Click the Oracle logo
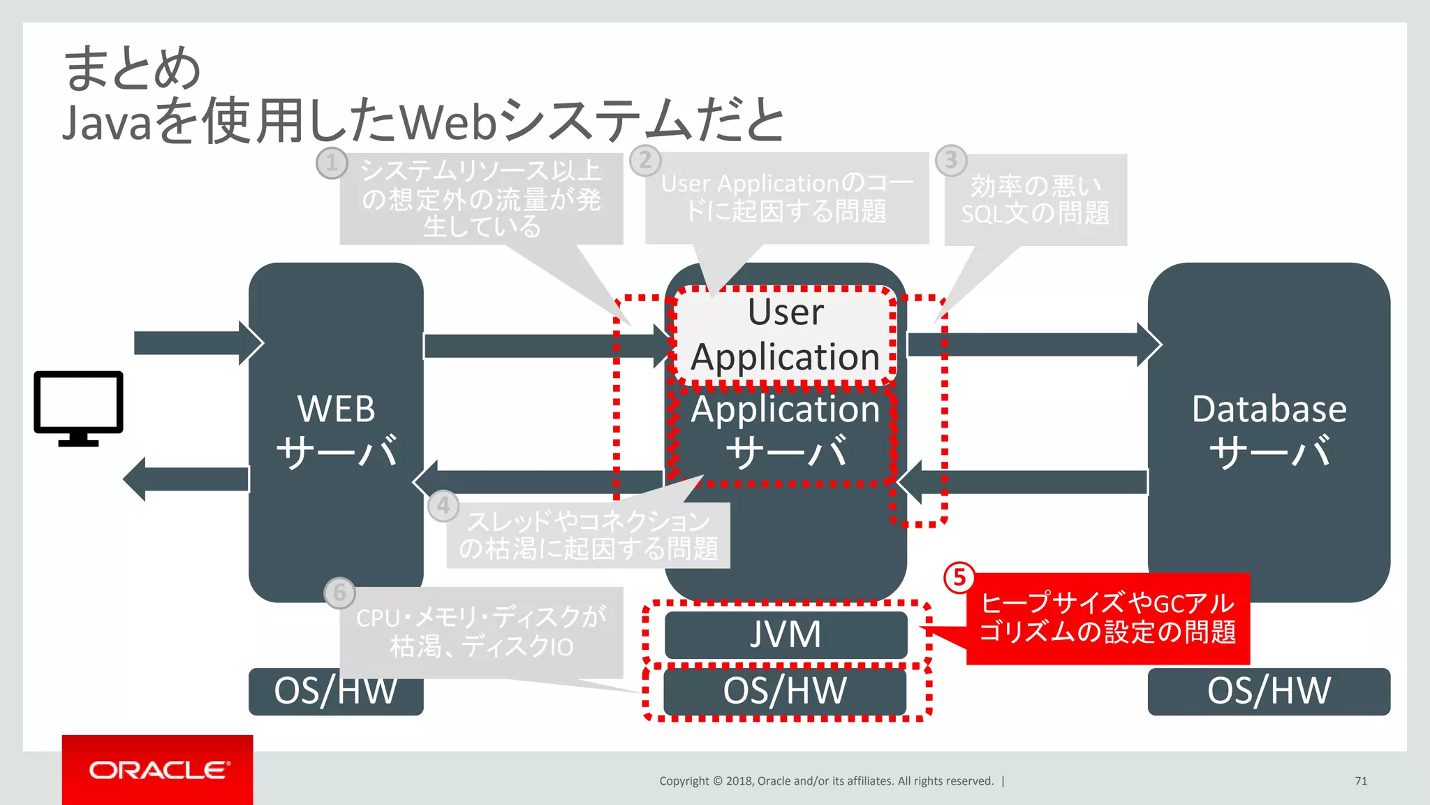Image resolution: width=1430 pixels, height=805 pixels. click(x=158, y=769)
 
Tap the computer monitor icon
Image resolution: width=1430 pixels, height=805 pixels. click(x=78, y=408)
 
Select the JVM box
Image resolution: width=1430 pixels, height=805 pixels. click(x=786, y=634)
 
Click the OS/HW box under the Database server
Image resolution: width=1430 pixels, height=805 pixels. click(x=1269, y=691)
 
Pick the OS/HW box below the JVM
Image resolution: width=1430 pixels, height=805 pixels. click(x=786, y=691)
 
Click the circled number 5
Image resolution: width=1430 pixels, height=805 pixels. click(x=959, y=577)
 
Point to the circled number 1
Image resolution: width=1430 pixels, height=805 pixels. click(x=332, y=163)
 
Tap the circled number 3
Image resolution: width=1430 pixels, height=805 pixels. click(x=950, y=160)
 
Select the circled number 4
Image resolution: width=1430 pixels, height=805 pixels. click(x=443, y=505)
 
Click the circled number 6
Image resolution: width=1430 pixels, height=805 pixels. click(x=339, y=593)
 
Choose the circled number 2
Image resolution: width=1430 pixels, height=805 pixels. click(x=645, y=160)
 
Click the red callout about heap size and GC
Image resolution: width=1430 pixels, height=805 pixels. click(x=1107, y=618)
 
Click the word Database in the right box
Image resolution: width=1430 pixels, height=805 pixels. click(x=1269, y=409)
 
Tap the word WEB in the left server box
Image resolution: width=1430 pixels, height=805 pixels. click(x=336, y=409)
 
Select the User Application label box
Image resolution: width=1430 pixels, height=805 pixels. click(x=786, y=335)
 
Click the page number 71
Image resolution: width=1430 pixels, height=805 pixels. click(x=1360, y=781)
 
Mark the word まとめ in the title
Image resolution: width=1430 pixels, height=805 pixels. click(x=133, y=68)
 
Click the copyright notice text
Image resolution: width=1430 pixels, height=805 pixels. click(x=826, y=781)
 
